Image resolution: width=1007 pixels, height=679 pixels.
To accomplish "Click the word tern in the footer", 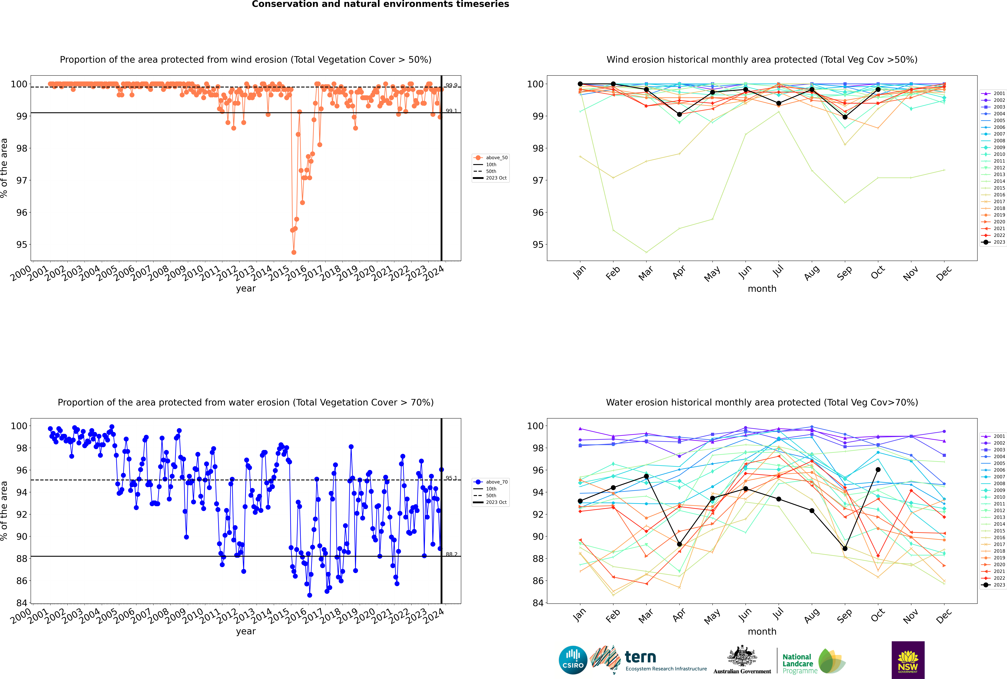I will click(640, 657).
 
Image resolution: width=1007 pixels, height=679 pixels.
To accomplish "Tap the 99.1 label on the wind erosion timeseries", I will click(451, 111).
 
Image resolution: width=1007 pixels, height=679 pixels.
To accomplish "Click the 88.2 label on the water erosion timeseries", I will click(451, 554).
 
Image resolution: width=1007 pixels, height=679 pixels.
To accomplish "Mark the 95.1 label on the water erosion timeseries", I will click(451, 478).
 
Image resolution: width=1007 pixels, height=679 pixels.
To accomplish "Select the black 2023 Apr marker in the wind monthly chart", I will click(679, 114).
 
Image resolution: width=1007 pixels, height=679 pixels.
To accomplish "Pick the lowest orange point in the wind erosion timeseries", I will click(294, 252).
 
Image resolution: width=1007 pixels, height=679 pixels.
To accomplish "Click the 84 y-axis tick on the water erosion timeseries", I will click(21, 603).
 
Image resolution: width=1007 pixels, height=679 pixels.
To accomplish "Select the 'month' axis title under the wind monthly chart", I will click(762, 289).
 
